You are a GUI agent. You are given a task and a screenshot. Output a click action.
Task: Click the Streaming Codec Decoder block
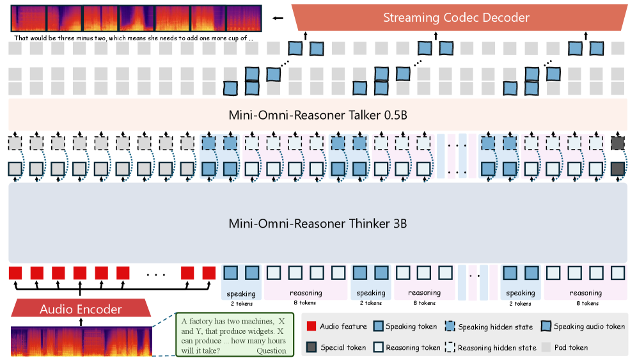click(456, 17)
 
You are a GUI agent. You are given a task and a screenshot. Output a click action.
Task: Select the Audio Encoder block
click(81, 309)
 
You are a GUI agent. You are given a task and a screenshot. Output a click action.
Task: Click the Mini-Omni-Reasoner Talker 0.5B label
click(318, 115)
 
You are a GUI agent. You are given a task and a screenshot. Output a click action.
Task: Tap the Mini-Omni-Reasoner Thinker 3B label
click(318, 224)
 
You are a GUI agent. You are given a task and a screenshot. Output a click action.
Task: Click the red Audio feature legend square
click(311, 327)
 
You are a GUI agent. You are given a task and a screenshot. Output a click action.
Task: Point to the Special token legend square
click(311, 347)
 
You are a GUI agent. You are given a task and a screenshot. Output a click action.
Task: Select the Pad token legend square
click(546, 347)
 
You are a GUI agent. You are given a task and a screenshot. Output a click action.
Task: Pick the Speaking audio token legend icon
click(546, 327)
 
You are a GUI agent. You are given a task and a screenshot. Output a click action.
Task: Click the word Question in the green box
click(271, 350)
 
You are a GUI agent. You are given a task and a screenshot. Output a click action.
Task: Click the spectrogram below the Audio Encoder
click(81, 341)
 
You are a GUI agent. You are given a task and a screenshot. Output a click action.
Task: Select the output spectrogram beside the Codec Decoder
click(136, 19)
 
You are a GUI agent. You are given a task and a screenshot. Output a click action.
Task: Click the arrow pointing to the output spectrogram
click(277, 18)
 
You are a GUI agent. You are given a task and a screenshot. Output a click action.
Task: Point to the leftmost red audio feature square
click(15, 273)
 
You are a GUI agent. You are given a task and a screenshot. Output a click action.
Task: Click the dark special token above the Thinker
click(617, 169)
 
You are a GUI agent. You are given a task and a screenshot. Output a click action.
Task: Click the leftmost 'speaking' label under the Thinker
click(241, 294)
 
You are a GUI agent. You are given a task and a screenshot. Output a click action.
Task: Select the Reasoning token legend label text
click(413, 347)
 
